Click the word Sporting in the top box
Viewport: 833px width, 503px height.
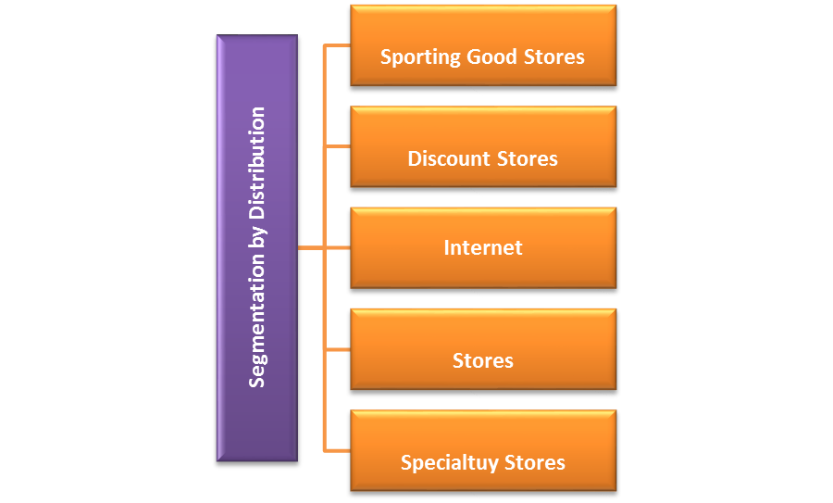[x=422, y=57]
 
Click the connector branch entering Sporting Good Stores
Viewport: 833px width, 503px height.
[x=337, y=45]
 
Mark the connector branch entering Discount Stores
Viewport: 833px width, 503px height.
[x=337, y=146]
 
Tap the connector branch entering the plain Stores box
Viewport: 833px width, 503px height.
[x=337, y=349]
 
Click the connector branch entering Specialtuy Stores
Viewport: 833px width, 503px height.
[x=337, y=450]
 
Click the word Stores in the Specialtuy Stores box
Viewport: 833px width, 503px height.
[x=532, y=462]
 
